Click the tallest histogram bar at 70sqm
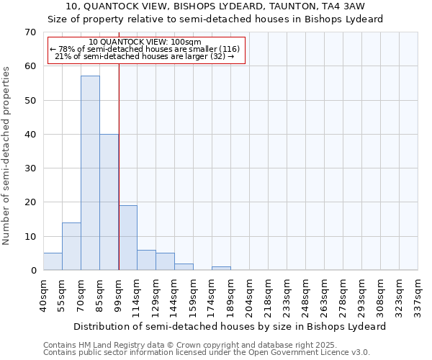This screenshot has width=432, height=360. click(x=90, y=173)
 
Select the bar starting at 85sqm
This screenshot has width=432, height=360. click(x=109, y=202)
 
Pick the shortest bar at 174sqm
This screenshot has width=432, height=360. click(x=221, y=269)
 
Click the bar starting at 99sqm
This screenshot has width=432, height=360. click(x=127, y=238)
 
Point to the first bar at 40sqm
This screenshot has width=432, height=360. click(x=53, y=261)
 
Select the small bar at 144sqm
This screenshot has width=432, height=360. click(x=184, y=267)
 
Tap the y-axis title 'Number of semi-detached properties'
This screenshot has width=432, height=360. click(x=7, y=156)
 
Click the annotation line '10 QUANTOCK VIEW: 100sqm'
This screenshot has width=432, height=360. click(x=145, y=42)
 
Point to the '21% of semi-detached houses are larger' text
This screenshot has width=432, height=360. click(x=144, y=56)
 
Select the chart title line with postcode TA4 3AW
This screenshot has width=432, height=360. click(x=215, y=6)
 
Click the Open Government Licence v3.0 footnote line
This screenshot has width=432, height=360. click(x=207, y=353)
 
